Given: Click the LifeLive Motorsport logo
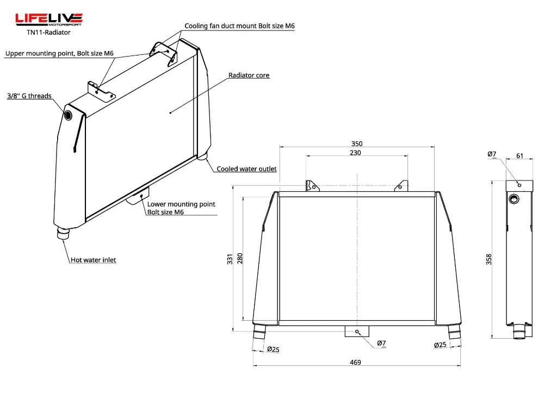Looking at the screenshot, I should pyautogui.click(x=49, y=20).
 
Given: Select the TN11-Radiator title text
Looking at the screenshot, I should pyautogui.click(x=49, y=32).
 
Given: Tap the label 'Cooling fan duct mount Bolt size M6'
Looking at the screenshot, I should pyautogui.click(x=239, y=26).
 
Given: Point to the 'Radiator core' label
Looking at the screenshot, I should pyautogui.click(x=249, y=76).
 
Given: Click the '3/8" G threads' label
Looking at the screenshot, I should pyautogui.click(x=29, y=96).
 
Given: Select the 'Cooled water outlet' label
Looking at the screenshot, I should pyautogui.click(x=246, y=169).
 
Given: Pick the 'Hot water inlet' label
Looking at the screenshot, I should pyautogui.click(x=94, y=260).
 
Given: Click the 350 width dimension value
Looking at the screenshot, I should pyautogui.click(x=357, y=144).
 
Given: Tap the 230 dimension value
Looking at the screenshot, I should pyautogui.click(x=355, y=153).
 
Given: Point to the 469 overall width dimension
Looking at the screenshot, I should pyautogui.click(x=355, y=362).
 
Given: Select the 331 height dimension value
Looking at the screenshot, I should pyautogui.click(x=230, y=259).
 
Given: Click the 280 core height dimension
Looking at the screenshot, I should pyautogui.click(x=240, y=258).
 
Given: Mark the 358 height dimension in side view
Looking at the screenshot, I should pyautogui.click(x=489, y=259).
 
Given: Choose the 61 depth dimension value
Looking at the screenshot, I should pyautogui.click(x=519, y=156).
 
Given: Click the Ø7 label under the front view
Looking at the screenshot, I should pyautogui.click(x=381, y=343).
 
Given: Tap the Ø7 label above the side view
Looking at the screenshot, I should pyautogui.click(x=492, y=154).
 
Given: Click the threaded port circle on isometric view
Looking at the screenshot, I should pyautogui.click(x=68, y=115).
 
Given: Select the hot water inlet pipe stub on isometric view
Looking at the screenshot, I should pyautogui.click(x=63, y=234).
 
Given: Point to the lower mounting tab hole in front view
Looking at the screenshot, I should pyautogui.click(x=357, y=332).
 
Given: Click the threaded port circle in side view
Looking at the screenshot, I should pyautogui.click(x=514, y=199).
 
